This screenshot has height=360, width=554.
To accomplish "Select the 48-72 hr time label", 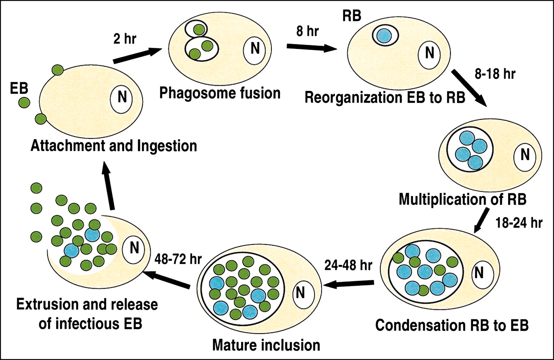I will tap(175, 258).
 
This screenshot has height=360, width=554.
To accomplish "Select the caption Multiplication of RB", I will tap(462, 199).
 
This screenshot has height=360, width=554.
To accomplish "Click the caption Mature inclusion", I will tap(266, 345).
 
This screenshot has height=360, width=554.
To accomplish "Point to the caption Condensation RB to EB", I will tap(451, 325).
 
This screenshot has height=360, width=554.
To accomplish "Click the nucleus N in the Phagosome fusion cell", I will tap(255, 49).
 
